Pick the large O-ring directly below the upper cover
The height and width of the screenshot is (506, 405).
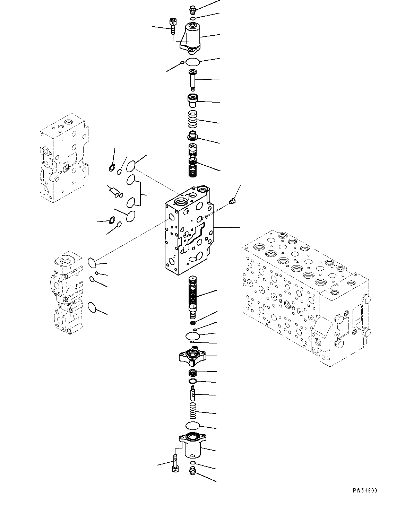(193, 62)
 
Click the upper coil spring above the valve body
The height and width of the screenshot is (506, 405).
(193, 119)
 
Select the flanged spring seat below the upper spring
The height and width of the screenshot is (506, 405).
(192, 136)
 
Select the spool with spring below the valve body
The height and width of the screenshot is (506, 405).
(192, 296)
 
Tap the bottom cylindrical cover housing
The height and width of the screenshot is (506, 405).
(192, 445)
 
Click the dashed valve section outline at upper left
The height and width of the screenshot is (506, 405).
(64, 158)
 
